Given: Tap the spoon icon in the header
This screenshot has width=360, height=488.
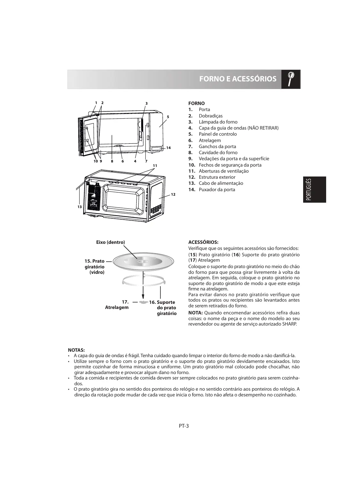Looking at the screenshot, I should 291,79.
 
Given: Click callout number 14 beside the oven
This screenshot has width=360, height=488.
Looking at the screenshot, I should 169,148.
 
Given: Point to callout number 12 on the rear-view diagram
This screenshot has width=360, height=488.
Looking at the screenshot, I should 173,194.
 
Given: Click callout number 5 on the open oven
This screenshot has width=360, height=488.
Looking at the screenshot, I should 167,117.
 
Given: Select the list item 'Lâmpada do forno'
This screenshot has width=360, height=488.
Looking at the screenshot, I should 218,122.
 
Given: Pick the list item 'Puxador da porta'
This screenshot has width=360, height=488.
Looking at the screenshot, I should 217,190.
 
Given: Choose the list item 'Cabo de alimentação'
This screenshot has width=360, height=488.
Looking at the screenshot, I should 221,183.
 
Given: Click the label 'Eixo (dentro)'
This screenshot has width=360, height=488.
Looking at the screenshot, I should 111,242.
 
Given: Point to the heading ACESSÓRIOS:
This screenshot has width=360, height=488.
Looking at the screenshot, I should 203,242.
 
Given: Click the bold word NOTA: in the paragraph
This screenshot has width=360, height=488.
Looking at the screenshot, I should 195,312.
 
